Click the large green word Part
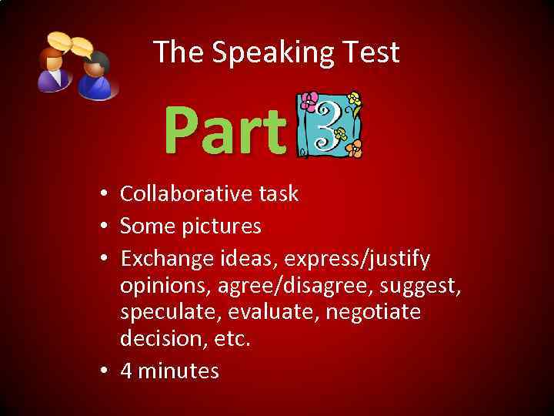[225, 131]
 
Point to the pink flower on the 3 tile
[309, 102]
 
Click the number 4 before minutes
[126, 371]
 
